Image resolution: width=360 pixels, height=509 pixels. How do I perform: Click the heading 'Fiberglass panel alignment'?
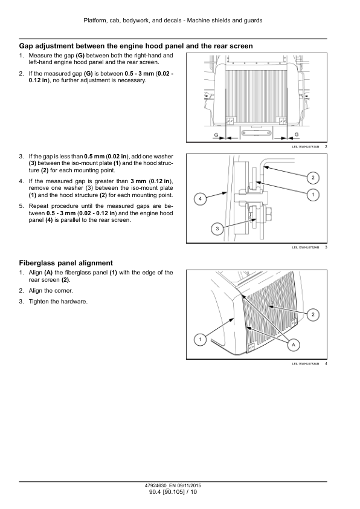[66, 263]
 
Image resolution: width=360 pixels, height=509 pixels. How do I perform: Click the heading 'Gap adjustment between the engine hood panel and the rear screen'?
[136, 46]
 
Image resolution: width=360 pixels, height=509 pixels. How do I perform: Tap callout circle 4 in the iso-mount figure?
[200, 199]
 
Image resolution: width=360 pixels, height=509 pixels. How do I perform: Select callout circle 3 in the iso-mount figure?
[217, 229]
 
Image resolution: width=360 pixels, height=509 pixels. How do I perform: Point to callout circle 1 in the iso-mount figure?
[313, 195]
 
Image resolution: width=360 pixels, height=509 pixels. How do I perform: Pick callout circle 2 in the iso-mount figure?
[313, 178]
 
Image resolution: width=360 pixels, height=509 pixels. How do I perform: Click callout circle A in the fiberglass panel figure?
[294, 345]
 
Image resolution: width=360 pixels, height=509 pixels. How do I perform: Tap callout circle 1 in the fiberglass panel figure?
[200, 340]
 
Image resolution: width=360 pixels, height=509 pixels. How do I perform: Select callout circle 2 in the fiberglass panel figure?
[313, 314]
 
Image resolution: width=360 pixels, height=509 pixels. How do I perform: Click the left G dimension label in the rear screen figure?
[216, 135]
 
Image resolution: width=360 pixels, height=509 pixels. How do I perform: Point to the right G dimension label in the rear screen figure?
[296, 134]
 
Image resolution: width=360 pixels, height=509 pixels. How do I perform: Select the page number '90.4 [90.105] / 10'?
[173, 492]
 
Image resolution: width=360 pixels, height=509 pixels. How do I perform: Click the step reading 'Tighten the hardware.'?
[58, 302]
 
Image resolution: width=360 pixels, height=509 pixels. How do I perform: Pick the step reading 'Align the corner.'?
[51, 291]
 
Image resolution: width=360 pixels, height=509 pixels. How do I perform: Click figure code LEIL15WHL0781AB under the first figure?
[306, 147]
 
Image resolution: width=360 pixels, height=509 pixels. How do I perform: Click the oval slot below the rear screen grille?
[256, 134]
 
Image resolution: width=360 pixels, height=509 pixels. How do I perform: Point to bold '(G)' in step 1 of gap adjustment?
[80, 56]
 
